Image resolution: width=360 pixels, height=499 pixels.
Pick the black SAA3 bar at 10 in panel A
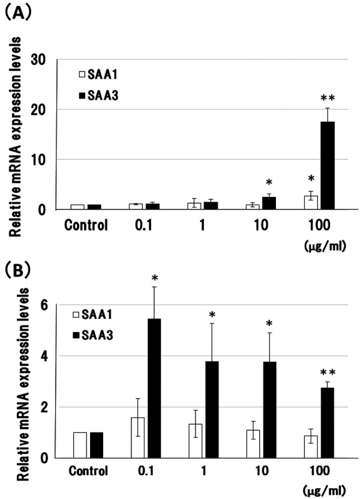[253, 204]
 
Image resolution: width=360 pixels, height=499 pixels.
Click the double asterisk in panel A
[310, 97]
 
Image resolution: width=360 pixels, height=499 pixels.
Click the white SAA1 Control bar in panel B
[80, 445]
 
